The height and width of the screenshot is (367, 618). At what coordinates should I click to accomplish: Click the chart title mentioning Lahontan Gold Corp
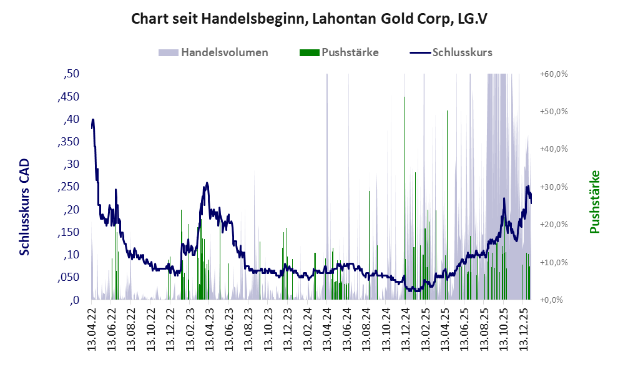(x=309, y=19)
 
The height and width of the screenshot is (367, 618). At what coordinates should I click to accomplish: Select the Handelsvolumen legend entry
(x=224, y=52)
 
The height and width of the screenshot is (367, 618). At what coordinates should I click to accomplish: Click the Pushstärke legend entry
(x=350, y=52)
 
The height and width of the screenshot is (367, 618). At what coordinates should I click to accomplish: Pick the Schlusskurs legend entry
(x=462, y=52)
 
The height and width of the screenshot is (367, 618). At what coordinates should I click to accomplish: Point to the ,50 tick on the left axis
(x=72, y=74)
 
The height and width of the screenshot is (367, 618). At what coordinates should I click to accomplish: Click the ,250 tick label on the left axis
(x=68, y=187)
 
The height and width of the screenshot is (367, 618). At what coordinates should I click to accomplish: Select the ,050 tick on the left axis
(x=68, y=277)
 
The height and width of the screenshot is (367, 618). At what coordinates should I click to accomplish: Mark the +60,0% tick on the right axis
(x=553, y=74)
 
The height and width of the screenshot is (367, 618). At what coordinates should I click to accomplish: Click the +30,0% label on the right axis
(x=553, y=187)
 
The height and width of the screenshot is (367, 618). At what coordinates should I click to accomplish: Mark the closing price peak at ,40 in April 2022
(x=93, y=120)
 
